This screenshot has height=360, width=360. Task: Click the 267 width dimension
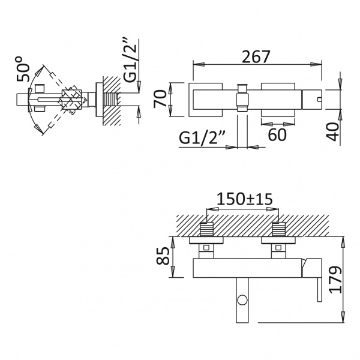coord(256,57)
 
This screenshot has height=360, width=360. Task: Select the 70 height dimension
coord(160,99)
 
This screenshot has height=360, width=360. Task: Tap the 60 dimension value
coord(277,134)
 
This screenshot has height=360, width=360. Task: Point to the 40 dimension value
coord(332,132)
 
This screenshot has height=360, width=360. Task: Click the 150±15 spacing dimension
coord(245,199)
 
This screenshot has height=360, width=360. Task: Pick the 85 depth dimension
coord(163,256)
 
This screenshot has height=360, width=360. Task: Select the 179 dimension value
coord(335,280)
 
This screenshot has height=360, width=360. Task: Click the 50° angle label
coord(23,70)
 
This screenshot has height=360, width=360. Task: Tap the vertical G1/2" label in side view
coord(130,61)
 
